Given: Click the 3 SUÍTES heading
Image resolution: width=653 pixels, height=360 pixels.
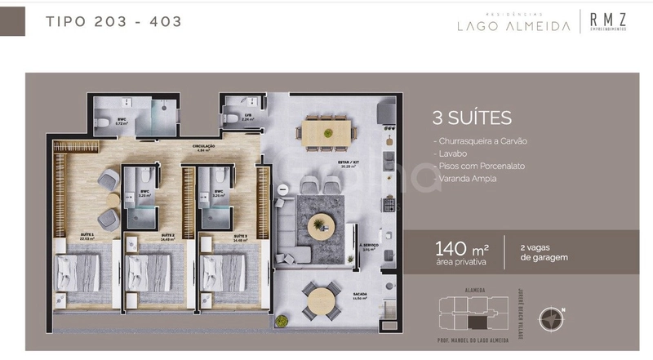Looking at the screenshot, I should tap(472, 118).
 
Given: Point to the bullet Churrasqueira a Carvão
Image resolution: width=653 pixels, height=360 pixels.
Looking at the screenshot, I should tap(482, 141).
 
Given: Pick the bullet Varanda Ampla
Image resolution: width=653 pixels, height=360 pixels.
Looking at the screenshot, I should tap(466, 178).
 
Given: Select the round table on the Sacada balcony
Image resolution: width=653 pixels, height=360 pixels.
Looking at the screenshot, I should tap(323, 300).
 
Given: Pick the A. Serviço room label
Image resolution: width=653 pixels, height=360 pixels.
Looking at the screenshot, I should tap(366, 247).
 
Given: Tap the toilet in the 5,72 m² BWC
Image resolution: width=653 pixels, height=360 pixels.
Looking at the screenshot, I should tap(102, 122).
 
